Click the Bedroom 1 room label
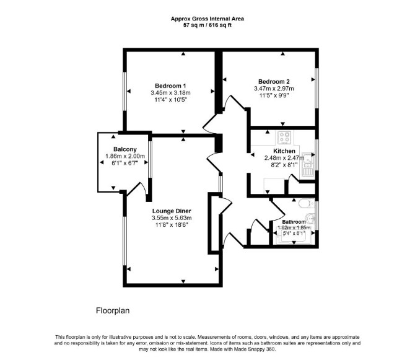[x=170, y=86]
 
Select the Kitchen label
[x=284, y=151]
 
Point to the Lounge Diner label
[x=172, y=211]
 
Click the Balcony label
[x=125, y=149]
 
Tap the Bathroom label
[x=294, y=222]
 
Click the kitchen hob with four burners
[x=285, y=138]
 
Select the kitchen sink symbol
[x=308, y=165]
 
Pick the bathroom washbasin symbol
[x=310, y=219]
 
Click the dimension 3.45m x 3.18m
[x=170, y=93]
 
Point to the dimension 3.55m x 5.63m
[x=172, y=218]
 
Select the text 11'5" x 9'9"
[x=274, y=95]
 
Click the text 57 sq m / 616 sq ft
[x=207, y=25]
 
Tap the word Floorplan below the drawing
[x=113, y=310]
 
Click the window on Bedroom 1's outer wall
[x=124, y=91]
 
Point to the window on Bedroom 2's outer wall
[x=317, y=88]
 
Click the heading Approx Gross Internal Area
[x=207, y=19]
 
